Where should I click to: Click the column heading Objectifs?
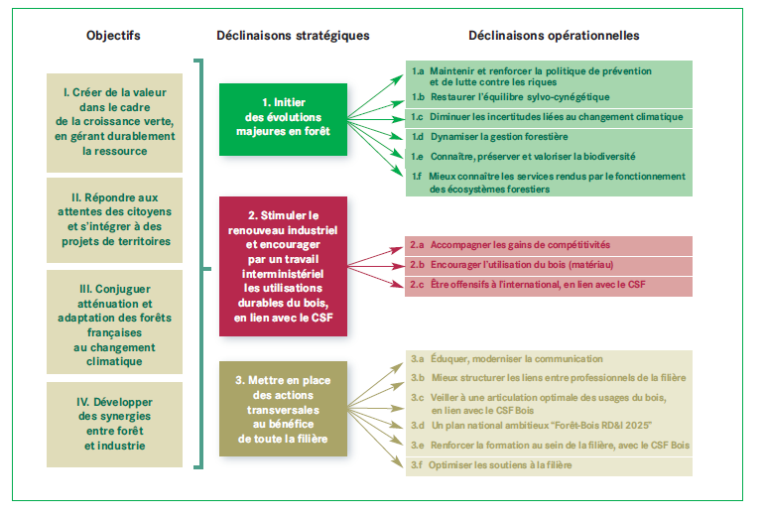[113, 36]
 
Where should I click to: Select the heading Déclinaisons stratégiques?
[293, 36]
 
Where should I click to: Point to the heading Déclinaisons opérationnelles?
[554, 36]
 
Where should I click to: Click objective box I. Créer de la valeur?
[114, 121]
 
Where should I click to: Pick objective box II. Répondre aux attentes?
[114, 220]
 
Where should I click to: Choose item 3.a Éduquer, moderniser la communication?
[512, 358]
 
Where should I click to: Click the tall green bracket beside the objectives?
[201, 264]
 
